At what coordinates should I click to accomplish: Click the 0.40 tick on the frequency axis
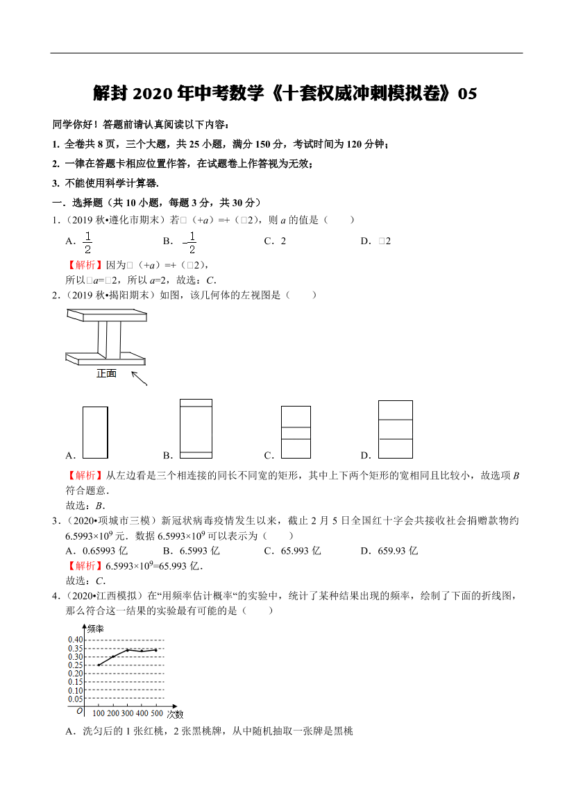click(75, 640)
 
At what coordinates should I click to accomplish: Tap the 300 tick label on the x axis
click(128, 713)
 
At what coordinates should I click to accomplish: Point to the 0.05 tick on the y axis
click(75, 699)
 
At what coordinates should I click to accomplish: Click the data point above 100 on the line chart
click(98, 665)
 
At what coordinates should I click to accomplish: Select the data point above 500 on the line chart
click(156, 650)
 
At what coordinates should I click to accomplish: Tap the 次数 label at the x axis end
click(175, 714)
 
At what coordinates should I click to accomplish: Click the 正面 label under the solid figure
click(106, 373)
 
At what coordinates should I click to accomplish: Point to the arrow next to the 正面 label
click(139, 379)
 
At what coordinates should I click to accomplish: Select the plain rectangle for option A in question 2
click(95, 432)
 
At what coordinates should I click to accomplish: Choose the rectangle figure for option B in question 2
click(196, 428)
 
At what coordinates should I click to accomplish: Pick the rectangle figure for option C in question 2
click(296, 432)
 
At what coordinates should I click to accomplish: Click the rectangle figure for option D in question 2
click(395, 429)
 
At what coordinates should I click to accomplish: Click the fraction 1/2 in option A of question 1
click(88, 241)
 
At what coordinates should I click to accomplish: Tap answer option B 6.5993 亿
click(200, 551)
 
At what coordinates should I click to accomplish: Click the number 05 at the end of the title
click(468, 94)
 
